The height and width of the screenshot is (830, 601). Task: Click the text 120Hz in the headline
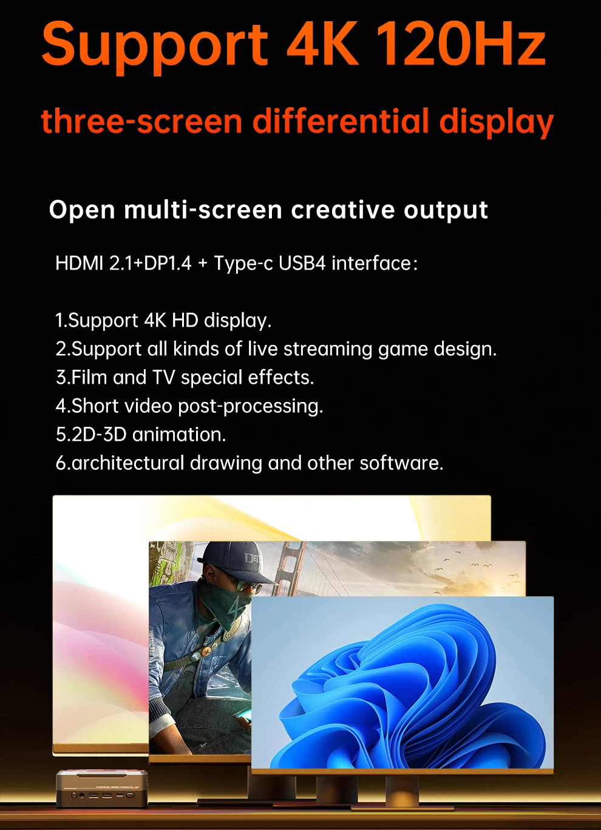pos(461,44)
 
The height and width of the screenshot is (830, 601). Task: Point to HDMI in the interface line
pos(79,264)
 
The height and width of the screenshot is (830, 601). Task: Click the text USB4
pos(302,264)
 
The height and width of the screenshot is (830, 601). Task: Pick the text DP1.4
pos(168,264)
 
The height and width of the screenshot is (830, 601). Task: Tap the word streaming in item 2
pos(328,350)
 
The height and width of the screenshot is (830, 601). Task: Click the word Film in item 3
pos(90,377)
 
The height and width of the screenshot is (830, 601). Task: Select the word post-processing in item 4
pos(251,406)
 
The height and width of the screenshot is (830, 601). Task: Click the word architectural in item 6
pos(128,463)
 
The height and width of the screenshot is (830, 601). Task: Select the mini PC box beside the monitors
pos(102,788)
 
